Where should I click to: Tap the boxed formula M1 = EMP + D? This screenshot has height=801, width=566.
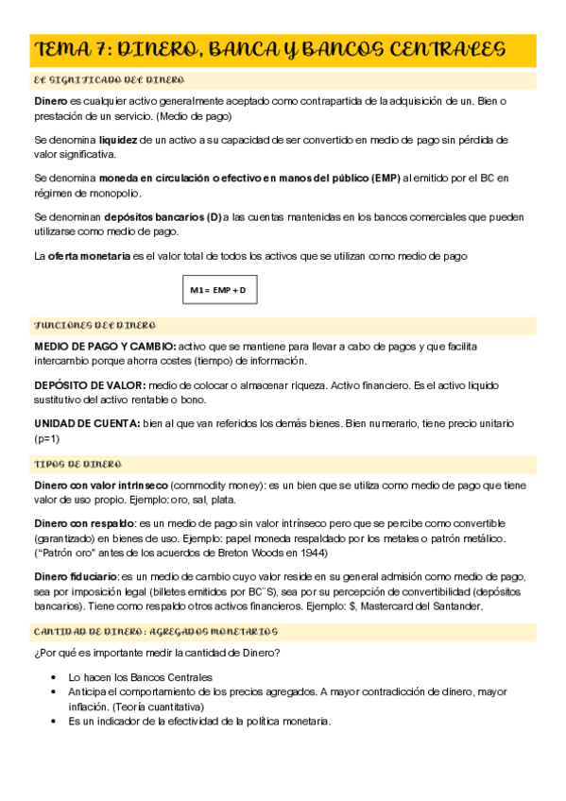[x=218, y=290]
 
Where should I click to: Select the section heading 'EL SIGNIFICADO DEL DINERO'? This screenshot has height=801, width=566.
[x=110, y=81]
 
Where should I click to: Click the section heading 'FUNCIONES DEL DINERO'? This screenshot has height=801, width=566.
[x=94, y=325]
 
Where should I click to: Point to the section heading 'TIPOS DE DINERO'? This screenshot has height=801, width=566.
[x=79, y=465]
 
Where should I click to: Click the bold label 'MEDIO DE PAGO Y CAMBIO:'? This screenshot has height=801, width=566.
[x=104, y=347]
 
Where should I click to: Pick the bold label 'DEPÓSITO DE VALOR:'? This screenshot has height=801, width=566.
[x=90, y=385]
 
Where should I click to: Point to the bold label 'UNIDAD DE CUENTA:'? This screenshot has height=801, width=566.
[x=86, y=424]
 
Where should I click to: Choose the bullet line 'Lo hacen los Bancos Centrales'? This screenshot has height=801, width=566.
[x=140, y=676]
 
